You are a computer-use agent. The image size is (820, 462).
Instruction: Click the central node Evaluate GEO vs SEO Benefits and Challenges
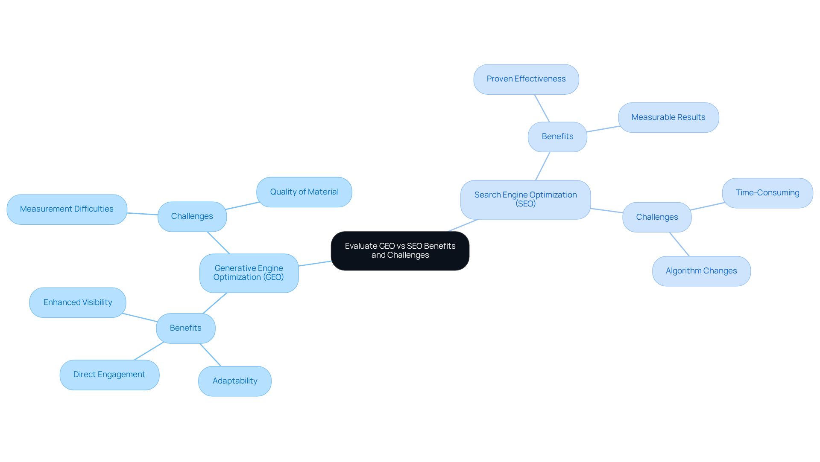[x=400, y=251]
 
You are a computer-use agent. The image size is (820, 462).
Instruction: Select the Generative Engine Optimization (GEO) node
[x=249, y=273]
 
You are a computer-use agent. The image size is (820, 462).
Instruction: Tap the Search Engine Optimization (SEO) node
[x=525, y=200]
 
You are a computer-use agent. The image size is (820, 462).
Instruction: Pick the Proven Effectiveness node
[x=526, y=79]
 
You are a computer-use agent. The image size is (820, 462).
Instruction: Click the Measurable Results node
[x=668, y=117]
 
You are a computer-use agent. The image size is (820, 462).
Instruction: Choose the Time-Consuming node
[x=767, y=193]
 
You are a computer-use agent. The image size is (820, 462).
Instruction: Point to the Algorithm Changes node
[x=701, y=271]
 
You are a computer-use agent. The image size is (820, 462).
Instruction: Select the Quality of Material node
[x=304, y=192]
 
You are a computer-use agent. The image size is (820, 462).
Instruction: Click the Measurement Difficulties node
[x=67, y=209]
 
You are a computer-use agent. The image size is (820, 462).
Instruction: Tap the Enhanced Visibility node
[x=78, y=302]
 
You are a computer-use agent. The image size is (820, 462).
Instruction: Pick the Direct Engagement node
[x=109, y=375]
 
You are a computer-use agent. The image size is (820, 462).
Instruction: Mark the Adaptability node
[x=234, y=381]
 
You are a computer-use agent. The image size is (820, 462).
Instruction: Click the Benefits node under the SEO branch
[x=557, y=137]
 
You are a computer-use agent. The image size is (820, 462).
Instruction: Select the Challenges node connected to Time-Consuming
[x=656, y=217]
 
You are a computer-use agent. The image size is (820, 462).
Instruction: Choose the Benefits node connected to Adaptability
[x=185, y=328]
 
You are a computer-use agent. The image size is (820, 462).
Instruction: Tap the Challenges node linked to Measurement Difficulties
[x=192, y=216]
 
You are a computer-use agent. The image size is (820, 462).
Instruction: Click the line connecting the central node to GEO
[x=315, y=264]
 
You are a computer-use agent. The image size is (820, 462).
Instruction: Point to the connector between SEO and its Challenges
[x=606, y=210]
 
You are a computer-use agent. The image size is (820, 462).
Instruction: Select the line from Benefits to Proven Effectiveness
[x=542, y=108]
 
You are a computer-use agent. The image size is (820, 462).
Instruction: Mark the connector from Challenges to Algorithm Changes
[x=679, y=244]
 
